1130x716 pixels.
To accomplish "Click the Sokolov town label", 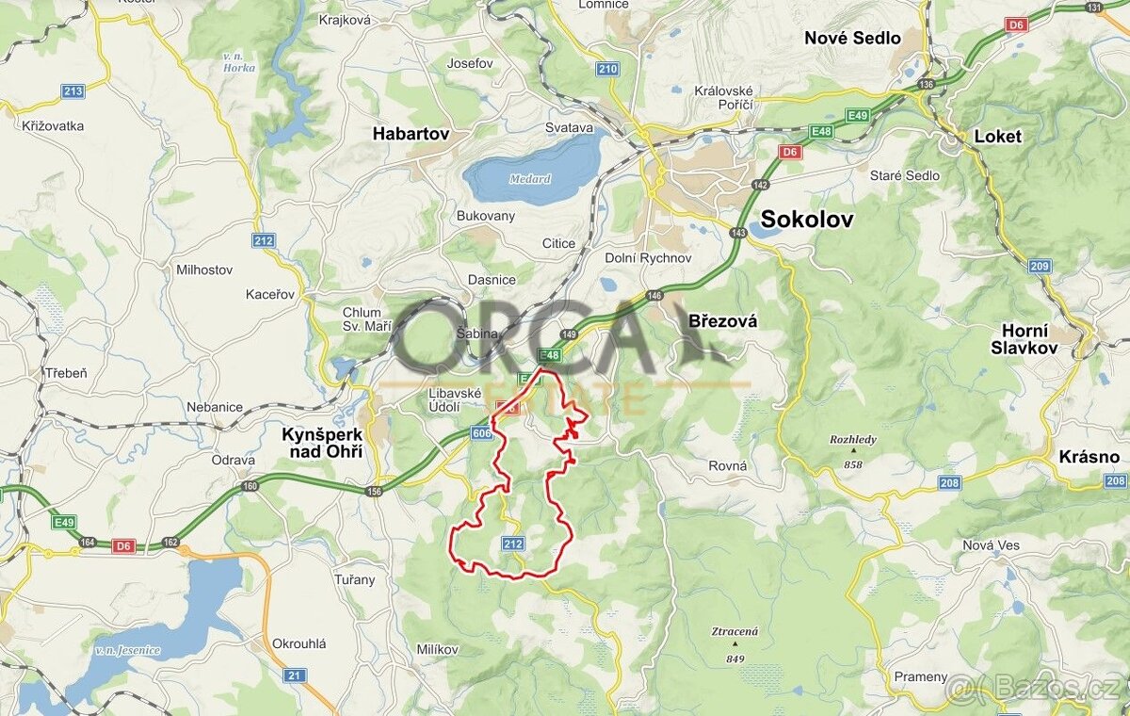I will pos(807,220).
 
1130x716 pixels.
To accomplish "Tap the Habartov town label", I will pos(411,134).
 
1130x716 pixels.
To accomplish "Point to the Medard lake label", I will pos(529,179).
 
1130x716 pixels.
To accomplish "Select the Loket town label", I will pos(997,136).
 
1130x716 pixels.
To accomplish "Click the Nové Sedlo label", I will pos(852,39).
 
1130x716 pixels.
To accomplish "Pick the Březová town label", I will pos(723,321).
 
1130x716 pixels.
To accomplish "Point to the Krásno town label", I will pos(1090,457).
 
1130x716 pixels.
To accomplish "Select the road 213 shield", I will pos(73,91).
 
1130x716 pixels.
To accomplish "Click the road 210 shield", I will pos(607,69).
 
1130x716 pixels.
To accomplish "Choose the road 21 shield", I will pos(295,675).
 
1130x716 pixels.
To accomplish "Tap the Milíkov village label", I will pos(437,650).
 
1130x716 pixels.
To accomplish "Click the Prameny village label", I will pos(921,676).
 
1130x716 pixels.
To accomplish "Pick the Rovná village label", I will pos(728,465).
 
